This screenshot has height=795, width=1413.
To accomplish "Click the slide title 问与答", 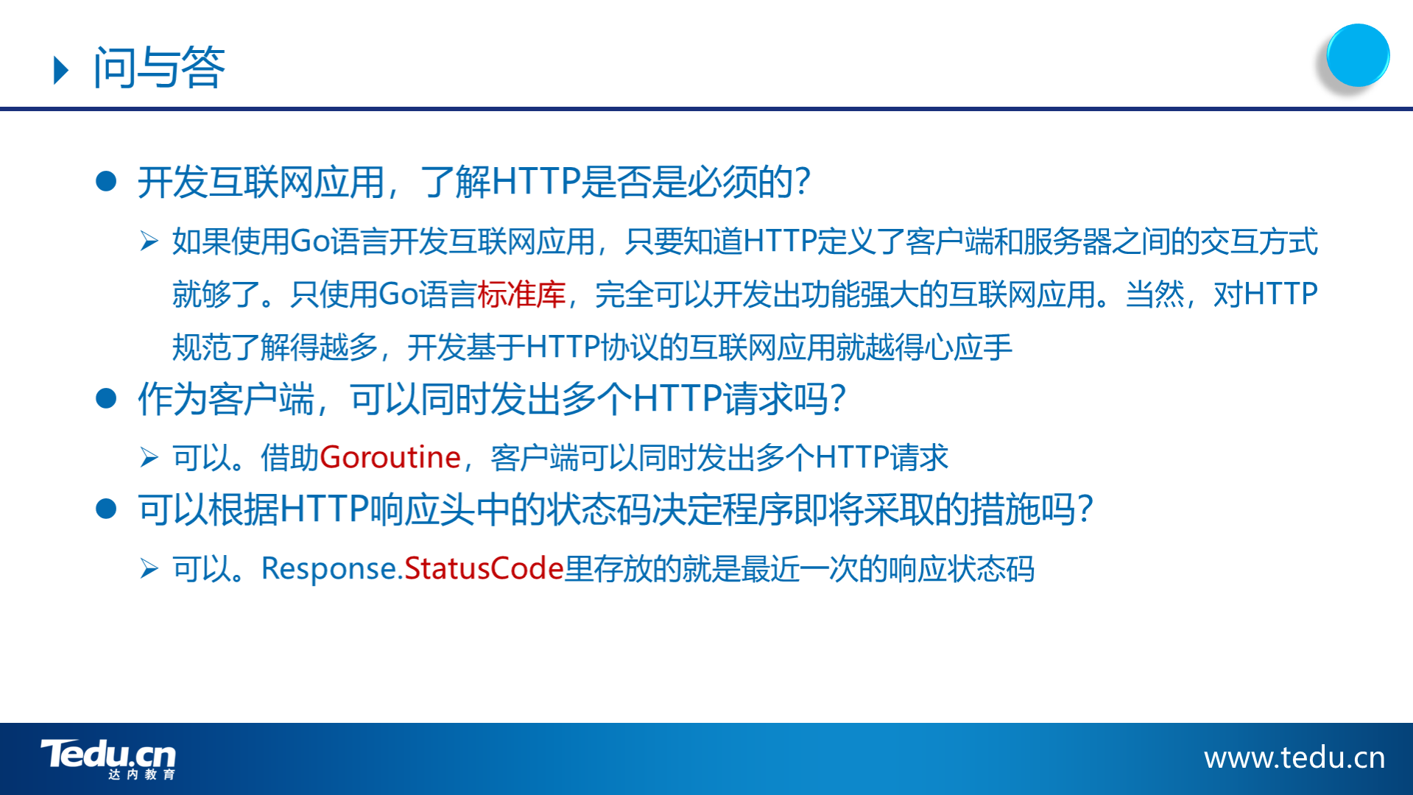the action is click(x=159, y=68).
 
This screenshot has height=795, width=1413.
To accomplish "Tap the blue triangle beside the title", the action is click(x=62, y=71).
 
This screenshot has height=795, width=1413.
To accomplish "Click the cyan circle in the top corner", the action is click(x=1357, y=55).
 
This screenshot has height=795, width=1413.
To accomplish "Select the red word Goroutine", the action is click(x=390, y=457).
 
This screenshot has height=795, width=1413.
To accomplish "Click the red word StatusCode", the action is click(x=484, y=568).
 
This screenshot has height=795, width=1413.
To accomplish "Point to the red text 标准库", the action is click(x=521, y=294).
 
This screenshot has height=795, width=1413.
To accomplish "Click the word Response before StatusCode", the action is click(x=330, y=569).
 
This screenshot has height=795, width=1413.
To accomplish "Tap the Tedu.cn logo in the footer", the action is click(x=108, y=758).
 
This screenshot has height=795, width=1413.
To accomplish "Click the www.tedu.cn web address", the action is click(x=1294, y=757).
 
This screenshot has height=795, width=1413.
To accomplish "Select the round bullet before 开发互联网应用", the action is click(x=107, y=181).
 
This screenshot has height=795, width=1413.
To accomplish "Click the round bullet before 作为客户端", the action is click(x=107, y=398).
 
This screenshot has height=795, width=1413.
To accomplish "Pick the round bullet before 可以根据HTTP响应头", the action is click(x=107, y=509).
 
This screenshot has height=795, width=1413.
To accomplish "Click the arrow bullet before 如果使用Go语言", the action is click(x=149, y=241).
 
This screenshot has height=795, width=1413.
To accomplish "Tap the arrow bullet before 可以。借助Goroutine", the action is click(x=149, y=457).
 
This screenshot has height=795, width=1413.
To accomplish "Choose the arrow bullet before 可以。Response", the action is click(x=149, y=568).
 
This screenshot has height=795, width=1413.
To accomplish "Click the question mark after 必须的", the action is click(x=803, y=181).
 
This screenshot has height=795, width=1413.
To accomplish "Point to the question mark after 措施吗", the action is click(x=1085, y=509).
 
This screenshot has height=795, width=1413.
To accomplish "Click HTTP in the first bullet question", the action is click(x=535, y=181).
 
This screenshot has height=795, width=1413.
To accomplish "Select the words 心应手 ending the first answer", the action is click(x=968, y=347).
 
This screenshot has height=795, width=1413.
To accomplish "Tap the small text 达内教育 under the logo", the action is click(x=141, y=774).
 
